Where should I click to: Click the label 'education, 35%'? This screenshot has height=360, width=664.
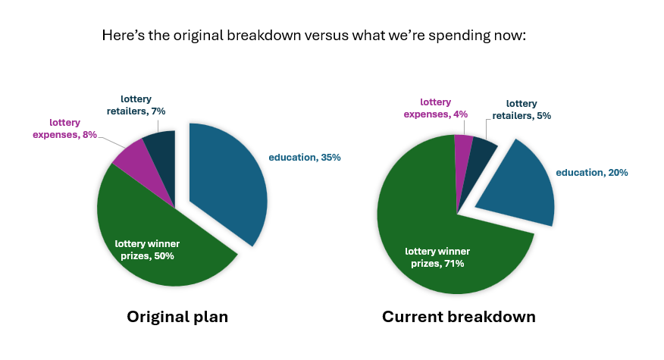(305, 158)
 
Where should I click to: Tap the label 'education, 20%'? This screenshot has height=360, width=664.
(591, 173)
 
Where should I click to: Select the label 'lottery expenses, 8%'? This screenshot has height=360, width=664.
(64, 129)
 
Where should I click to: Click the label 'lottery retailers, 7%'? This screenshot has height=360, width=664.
(136, 105)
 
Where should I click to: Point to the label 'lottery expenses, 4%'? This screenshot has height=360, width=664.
(435, 108)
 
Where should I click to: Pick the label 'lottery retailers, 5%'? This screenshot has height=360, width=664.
(521, 110)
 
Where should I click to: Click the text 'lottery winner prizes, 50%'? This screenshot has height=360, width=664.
(147, 250)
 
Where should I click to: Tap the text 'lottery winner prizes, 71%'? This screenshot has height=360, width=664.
(437, 258)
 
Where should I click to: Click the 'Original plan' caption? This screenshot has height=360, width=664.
(177, 317)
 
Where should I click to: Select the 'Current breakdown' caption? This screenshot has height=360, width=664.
(459, 317)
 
